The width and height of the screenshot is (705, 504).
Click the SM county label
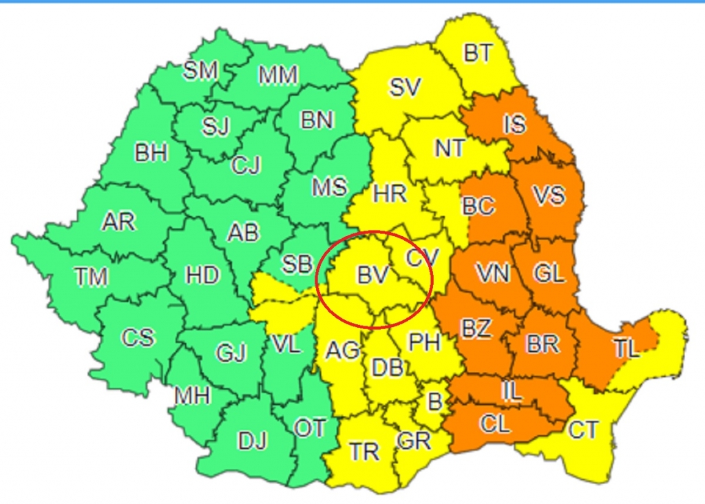click(x=200, y=70)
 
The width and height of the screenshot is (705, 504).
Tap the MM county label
click(x=277, y=75)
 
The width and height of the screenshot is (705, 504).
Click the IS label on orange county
click(x=514, y=125)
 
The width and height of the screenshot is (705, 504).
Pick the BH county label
click(x=151, y=153)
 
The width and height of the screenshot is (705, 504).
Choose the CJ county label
click(x=246, y=165)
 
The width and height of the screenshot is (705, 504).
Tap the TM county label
click(x=92, y=277)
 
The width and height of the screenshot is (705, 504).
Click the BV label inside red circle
click(x=373, y=275)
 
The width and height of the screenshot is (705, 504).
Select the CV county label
click(x=422, y=258)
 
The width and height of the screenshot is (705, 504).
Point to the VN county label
click(x=492, y=274)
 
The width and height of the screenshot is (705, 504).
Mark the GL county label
click(x=549, y=274)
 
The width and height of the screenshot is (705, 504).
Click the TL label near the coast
click(x=627, y=348)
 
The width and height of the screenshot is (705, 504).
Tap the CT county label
click(x=583, y=430)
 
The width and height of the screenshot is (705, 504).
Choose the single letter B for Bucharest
click(x=434, y=400)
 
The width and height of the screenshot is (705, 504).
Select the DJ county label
click(x=252, y=440)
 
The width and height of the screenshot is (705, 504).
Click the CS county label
click(x=138, y=338)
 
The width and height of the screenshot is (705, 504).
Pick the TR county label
click(x=364, y=451)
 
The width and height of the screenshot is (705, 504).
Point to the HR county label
click(x=390, y=194)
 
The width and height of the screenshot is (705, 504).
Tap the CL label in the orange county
click(x=495, y=423)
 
